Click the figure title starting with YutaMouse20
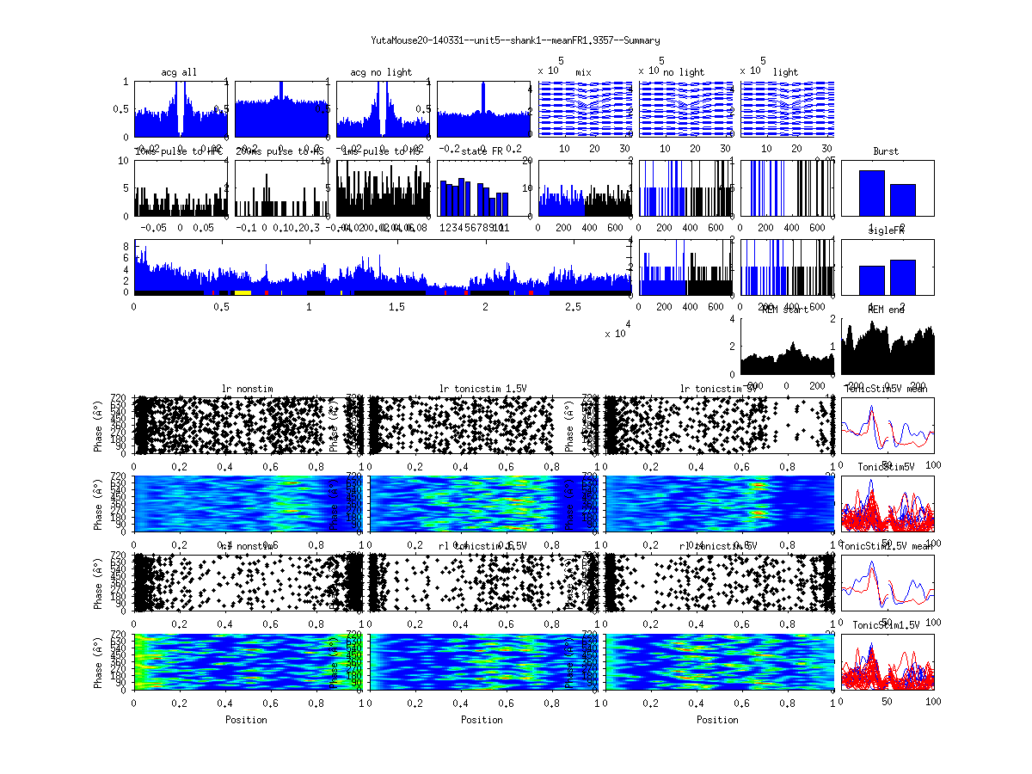click(515, 40)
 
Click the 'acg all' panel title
click(179, 72)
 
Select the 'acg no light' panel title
click(381, 72)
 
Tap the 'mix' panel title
click(584, 72)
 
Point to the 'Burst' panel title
click(886, 151)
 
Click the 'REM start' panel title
click(784, 310)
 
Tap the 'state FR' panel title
click(482, 151)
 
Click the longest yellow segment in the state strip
click(243, 292)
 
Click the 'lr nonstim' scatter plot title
click(248, 389)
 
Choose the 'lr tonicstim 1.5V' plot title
click(482, 389)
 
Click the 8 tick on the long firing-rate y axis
click(126, 247)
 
